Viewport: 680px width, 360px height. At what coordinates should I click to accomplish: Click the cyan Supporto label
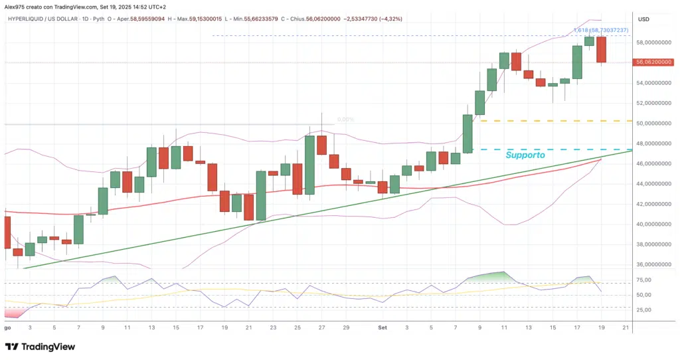(x=525, y=155)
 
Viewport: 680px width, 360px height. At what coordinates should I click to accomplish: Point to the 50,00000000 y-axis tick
(x=655, y=124)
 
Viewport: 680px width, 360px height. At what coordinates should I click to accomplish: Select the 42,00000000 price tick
(x=655, y=204)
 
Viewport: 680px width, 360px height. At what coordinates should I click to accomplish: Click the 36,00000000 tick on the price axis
(x=655, y=264)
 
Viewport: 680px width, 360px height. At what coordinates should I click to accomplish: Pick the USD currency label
(x=643, y=20)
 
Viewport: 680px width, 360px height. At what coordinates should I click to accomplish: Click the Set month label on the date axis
(x=382, y=327)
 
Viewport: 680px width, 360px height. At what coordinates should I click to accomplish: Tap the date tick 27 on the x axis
(x=321, y=327)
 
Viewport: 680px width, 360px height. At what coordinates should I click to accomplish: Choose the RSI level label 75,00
(x=644, y=283)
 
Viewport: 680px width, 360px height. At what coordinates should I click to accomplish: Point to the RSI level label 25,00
(x=644, y=310)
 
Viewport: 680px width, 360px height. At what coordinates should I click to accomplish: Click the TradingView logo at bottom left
(x=40, y=347)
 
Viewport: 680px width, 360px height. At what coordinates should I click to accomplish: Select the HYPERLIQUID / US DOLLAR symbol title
(x=47, y=20)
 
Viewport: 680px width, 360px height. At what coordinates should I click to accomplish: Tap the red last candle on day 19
(x=601, y=50)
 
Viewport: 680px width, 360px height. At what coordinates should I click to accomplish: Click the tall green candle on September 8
(x=467, y=134)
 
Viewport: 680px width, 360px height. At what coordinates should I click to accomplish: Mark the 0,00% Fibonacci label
(x=345, y=120)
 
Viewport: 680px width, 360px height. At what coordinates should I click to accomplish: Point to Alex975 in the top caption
(x=15, y=7)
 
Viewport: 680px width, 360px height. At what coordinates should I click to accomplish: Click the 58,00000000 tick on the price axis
(x=655, y=43)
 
